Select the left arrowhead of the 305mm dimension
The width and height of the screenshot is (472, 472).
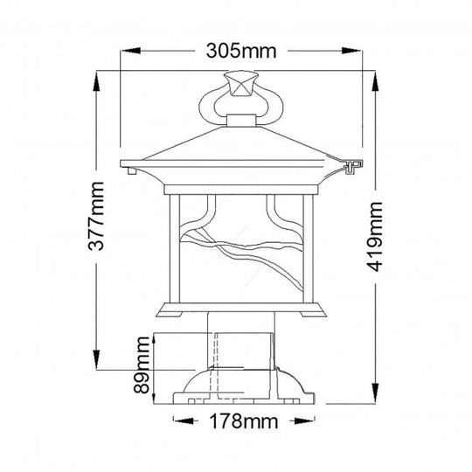point(125,51)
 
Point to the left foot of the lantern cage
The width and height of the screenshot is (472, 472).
point(174,314)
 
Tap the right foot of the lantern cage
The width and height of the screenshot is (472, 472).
point(308,314)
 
